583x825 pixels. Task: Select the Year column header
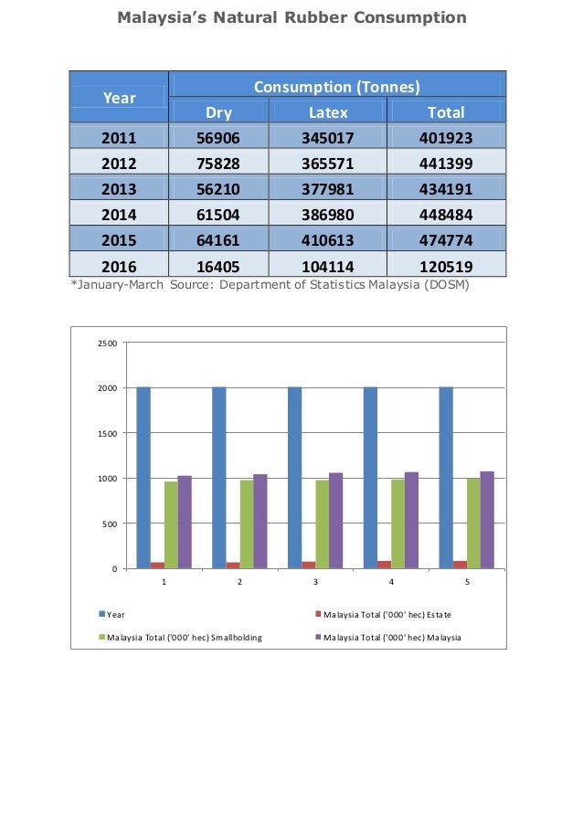(119, 98)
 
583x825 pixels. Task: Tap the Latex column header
(327, 112)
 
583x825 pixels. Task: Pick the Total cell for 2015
(446, 241)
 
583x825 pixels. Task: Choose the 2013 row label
(119, 189)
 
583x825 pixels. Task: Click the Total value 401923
(446, 139)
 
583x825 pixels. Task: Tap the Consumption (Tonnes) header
(336, 88)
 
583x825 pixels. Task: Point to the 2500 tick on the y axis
(107, 344)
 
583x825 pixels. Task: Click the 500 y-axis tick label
(110, 524)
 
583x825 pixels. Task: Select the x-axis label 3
(315, 581)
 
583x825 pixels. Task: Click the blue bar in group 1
(143, 477)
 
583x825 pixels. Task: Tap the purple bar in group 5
(487, 520)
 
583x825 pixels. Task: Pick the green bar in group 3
(323, 524)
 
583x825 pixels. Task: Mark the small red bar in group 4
(384, 565)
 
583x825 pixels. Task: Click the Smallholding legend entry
(183, 637)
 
